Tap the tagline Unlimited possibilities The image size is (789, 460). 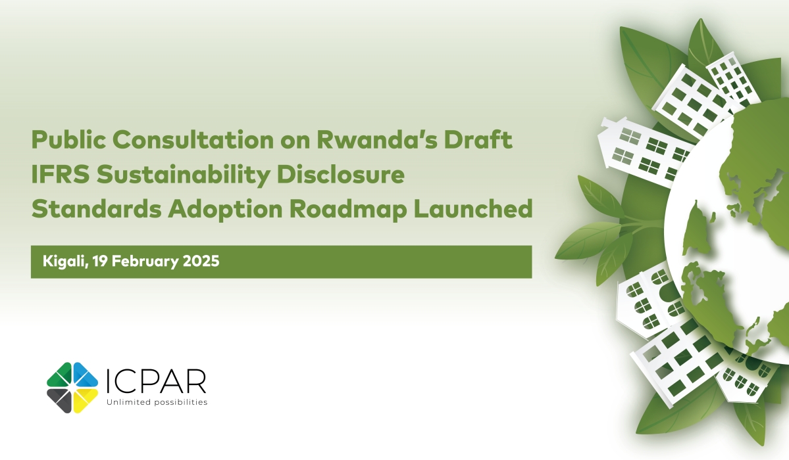click(x=157, y=402)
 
